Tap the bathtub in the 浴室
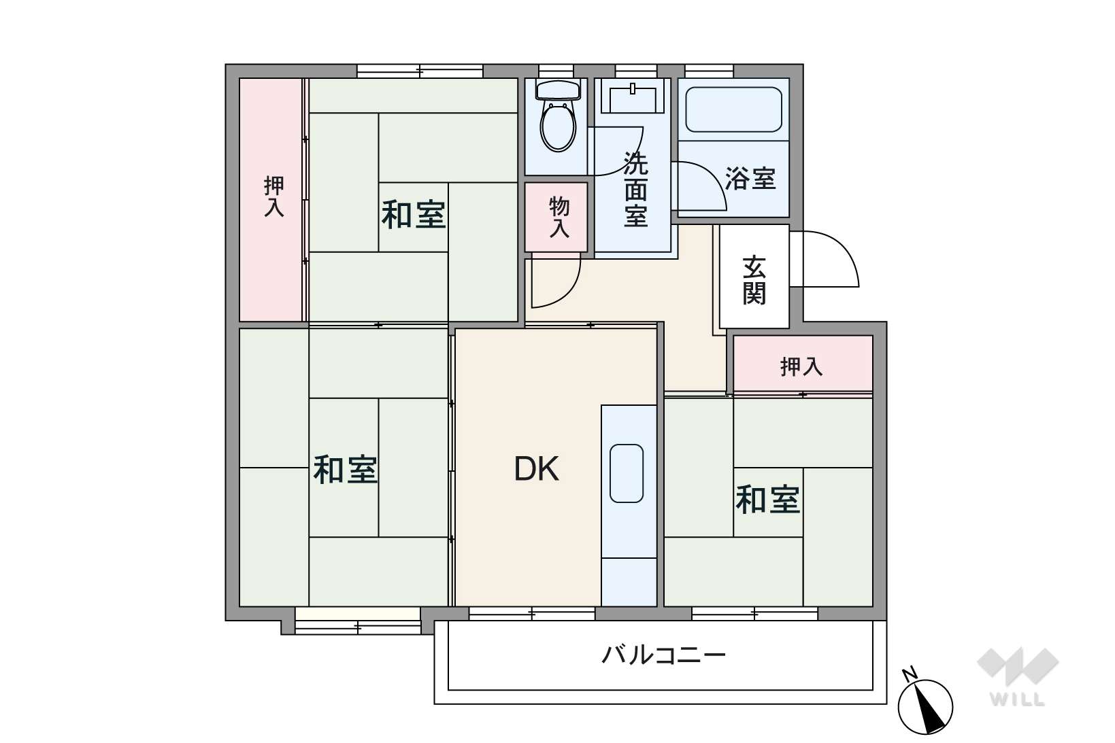733,109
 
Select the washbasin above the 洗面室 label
633,99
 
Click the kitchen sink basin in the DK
627,473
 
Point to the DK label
536,469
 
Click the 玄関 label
754,280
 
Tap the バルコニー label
664,655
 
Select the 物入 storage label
559,217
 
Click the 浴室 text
750,178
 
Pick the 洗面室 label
635,190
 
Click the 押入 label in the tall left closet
273,196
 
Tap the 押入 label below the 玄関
801,367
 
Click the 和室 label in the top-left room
413,215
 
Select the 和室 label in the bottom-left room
344,470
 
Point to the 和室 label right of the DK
767,500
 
